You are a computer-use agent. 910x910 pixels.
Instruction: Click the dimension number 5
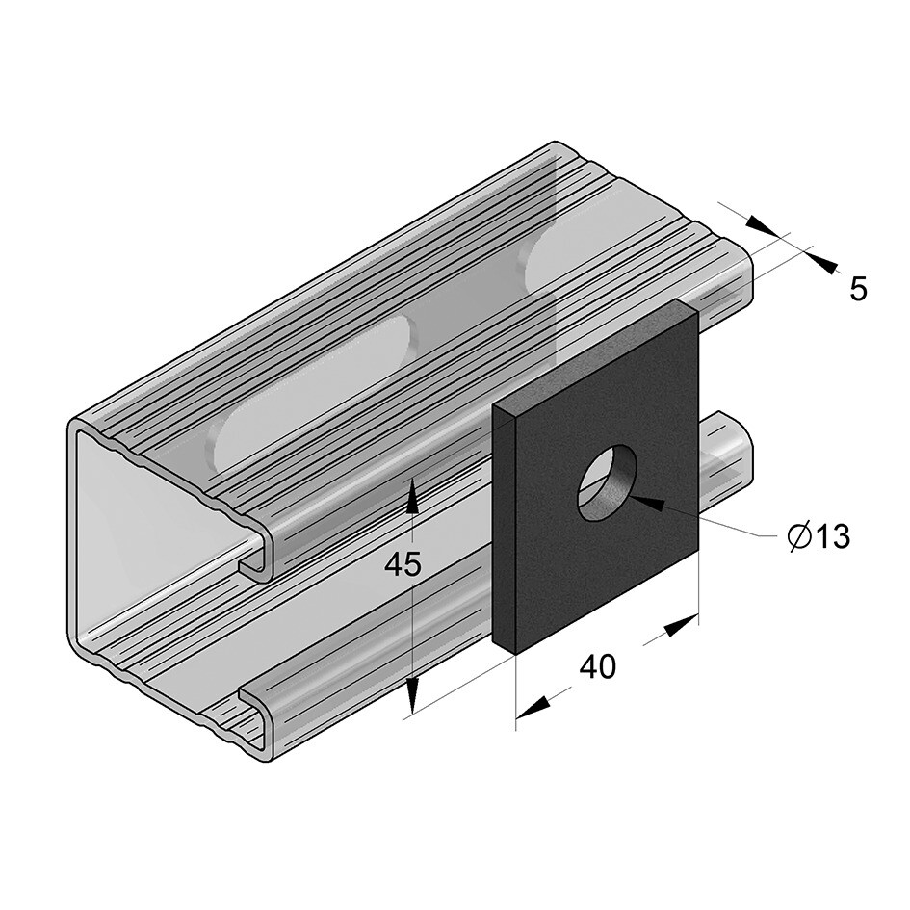click(x=858, y=288)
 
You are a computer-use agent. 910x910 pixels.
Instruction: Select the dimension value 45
click(x=403, y=565)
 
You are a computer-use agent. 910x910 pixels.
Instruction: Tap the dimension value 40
click(x=597, y=666)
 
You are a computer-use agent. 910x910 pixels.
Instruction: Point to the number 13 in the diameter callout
click(x=829, y=537)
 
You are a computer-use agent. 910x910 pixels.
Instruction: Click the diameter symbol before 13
click(x=797, y=537)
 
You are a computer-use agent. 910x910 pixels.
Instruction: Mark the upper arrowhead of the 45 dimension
click(x=412, y=497)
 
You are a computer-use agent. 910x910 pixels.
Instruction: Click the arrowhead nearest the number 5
click(x=823, y=259)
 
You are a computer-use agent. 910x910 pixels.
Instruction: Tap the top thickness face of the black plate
click(x=592, y=353)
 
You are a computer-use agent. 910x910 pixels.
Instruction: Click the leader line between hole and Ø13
click(x=732, y=525)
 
